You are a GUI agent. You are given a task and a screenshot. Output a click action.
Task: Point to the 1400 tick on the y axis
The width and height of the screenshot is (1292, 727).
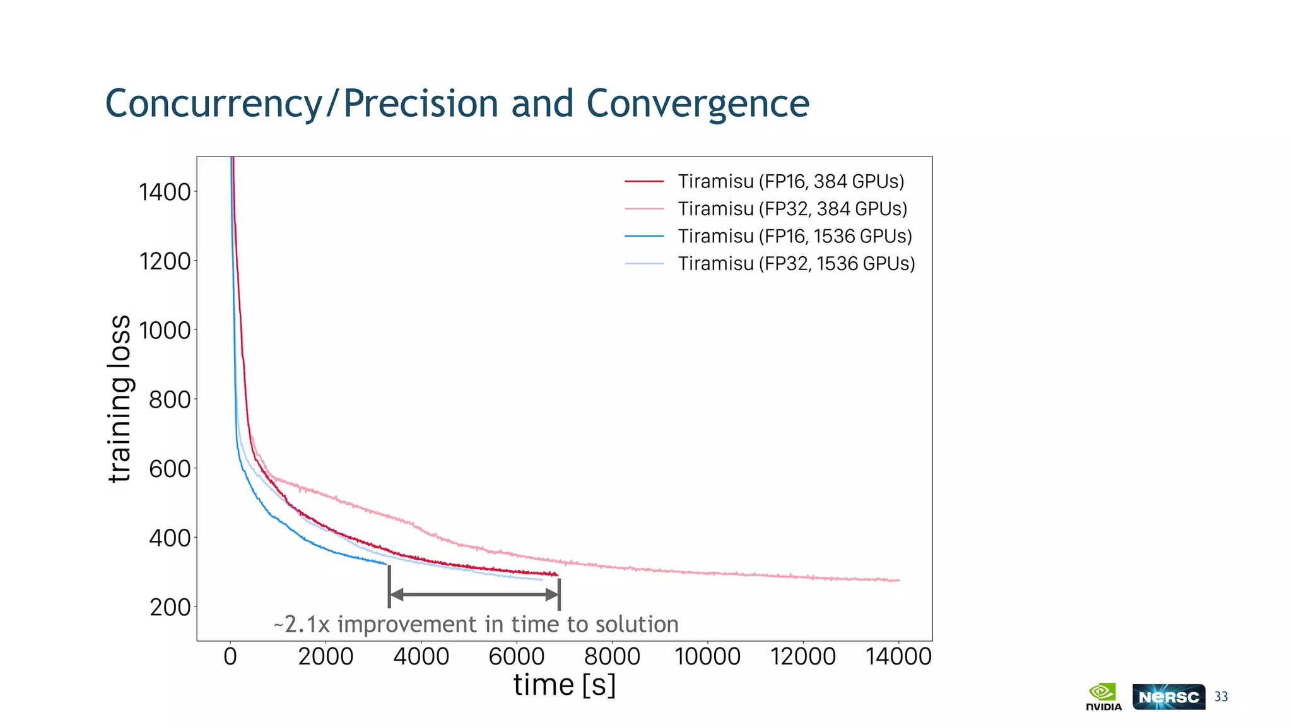pos(165,192)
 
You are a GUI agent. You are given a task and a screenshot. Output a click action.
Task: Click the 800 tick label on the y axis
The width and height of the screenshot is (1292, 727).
pos(170,399)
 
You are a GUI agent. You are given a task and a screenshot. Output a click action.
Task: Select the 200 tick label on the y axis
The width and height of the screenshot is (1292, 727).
pos(170,607)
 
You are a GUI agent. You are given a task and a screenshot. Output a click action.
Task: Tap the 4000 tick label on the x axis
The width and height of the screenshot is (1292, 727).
pos(421,657)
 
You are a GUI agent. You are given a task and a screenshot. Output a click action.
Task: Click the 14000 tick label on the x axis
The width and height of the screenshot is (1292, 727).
pos(898,657)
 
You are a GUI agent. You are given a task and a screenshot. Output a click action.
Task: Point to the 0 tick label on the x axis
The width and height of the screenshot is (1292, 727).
pos(230,657)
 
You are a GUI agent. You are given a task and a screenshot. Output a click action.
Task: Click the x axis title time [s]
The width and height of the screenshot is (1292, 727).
pos(564,685)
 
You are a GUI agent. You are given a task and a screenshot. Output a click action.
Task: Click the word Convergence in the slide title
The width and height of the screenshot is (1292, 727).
pos(697,103)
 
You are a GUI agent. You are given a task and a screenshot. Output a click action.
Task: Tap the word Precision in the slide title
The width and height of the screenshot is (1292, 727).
pos(421,103)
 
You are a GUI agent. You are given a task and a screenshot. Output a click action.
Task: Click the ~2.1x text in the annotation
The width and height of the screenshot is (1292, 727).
pos(302,625)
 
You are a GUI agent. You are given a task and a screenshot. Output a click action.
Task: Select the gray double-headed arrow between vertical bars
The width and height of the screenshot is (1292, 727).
pos(474,594)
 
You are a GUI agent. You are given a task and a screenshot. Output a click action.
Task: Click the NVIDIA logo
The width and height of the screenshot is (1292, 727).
pos(1103,697)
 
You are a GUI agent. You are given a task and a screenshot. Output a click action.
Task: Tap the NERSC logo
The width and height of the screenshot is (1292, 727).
pos(1168,697)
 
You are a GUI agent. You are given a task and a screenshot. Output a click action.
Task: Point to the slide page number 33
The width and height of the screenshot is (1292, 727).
pos(1221,697)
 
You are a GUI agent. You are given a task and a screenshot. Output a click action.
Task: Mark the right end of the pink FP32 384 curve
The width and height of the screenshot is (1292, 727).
pos(898,580)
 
